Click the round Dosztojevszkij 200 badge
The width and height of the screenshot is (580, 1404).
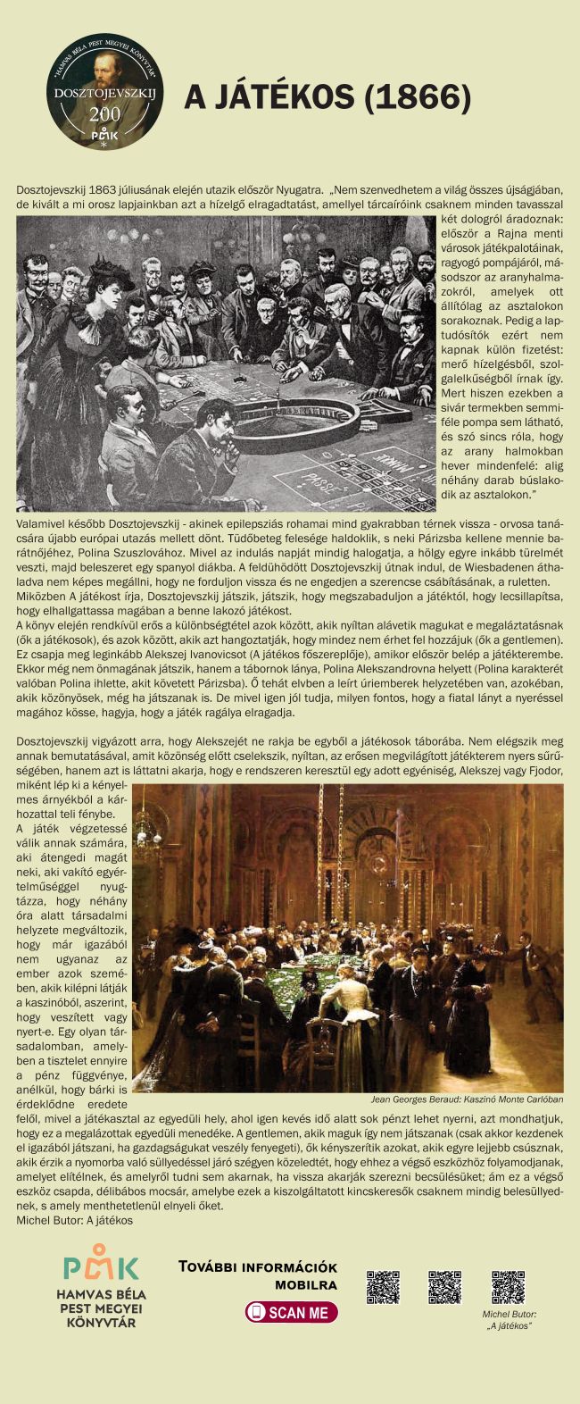(x=106, y=92)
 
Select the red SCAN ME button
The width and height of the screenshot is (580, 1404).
(x=291, y=1312)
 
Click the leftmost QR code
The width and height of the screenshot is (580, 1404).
(x=383, y=1286)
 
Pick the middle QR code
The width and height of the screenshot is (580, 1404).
(x=444, y=1286)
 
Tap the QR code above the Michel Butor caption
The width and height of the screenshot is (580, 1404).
(x=509, y=1286)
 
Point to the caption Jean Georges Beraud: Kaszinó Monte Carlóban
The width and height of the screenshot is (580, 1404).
(x=467, y=1099)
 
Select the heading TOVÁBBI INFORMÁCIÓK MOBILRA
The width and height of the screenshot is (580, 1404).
(x=257, y=1275)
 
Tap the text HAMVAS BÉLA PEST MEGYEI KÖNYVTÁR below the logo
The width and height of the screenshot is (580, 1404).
(x=101, y=1308)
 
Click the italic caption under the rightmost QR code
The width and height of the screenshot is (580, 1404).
(x=510, y=1320)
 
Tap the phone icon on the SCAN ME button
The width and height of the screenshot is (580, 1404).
(x=257, y=1312)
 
